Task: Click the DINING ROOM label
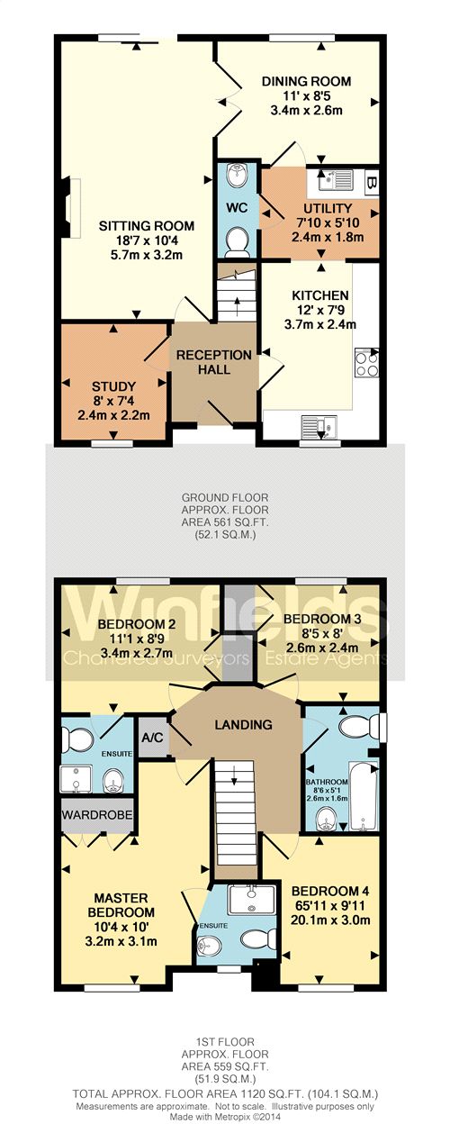(x=306, y=81)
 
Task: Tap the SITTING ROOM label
(x=146, y=225)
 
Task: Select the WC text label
(x=237, y=208)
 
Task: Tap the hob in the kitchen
(x=366, y=362)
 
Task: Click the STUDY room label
(x=113, y=387)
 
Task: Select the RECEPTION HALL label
(x=213, y=362)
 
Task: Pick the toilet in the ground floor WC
(x=238, y=240)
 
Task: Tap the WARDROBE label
(x=97, y=815)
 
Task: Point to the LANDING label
(x=243, y=725)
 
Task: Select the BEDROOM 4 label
(x=330, y=891)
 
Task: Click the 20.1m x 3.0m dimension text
(x=330, y=920)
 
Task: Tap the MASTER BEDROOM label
(x=121, y=904)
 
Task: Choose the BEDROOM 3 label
(x=322, y=619)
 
